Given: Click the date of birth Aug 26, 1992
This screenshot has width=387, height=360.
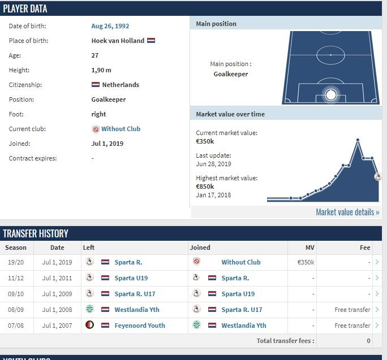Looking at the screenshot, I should click(x=110, y=26).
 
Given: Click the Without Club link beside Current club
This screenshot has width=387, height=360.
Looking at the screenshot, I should click(x=121, y=129).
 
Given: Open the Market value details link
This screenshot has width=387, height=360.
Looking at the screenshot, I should click(x=347, y=212).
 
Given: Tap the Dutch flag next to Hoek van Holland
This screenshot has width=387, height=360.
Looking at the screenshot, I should click(x=151, y=41).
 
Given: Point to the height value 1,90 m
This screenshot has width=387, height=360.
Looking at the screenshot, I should click(x=101, y=70).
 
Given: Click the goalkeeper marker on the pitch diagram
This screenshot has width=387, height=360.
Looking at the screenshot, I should click(x=331, y=94).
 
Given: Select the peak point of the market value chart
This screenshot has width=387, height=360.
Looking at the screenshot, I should click(x=358, y=140).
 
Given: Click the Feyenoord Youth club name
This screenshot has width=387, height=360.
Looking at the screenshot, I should click(x=140, y=326).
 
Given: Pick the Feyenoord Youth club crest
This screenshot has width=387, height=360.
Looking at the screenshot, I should click(x=89, y=326).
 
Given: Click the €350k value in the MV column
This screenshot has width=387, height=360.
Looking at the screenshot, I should click(x=306, y=262).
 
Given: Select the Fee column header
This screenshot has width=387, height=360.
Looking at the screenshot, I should click(x=365, y=248).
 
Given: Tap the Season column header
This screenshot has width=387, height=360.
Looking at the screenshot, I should click(x=16, y=248).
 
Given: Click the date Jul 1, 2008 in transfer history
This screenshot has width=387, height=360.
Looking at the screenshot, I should click(x=57, y=310).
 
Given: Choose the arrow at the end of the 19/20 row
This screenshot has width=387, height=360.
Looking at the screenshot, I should click(x=377, y=262).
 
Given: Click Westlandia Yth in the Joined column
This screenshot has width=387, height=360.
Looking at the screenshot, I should click(x=244, y=326).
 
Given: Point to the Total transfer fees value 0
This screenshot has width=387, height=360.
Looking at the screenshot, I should click(x=368, y=341).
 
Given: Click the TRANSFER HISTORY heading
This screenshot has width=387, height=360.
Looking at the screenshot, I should click(x=36, y=233).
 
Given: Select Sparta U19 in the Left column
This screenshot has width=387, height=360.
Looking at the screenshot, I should click(x=131, y=278).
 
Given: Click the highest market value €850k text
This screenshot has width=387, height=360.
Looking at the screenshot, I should click(x=205, y=186).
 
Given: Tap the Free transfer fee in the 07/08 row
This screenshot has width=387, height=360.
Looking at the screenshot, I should click(x=352, y=326).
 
